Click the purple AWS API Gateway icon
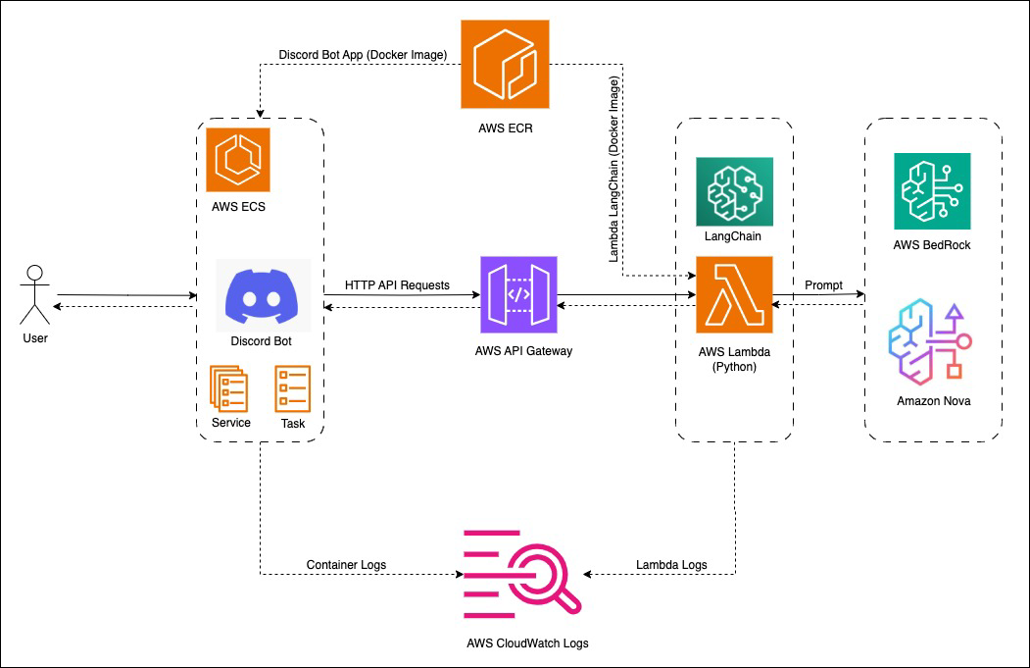click(x=518, y=295)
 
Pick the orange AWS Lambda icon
click(x=734, y=295)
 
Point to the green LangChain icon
click(x=734, y=190)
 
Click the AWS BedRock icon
click(x=932, y=190)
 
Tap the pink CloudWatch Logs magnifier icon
click(x=522, y=574)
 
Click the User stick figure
click(x=34, y=293)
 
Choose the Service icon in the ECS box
click(x=229, y=387)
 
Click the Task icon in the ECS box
click(x=292, y=388)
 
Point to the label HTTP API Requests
click(x=397, y=285)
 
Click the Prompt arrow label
click(x=823, y=285)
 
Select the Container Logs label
click(x=346, y=565)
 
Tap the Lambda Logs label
click(x=671, y=565)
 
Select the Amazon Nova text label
click(x=933, y=400)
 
